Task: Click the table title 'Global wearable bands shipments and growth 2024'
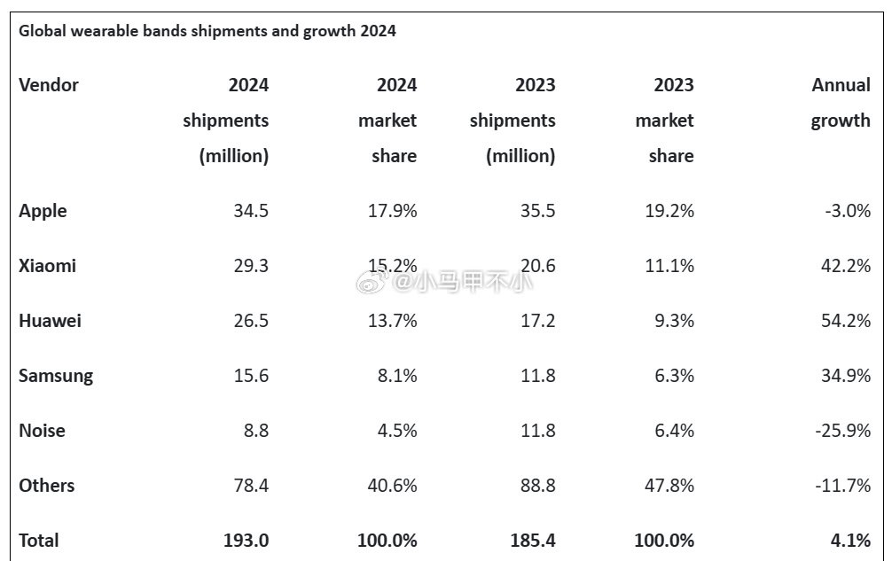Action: pyautogui.click(x=207, y=32)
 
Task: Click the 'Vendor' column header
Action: pyautogui.click(x=49, y=85)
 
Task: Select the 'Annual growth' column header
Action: pyautogui.click(x=841, y=103)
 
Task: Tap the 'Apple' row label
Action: pyautogui.click(x=43, y=211)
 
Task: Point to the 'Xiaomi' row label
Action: pyautogui.click(x=47, y=266)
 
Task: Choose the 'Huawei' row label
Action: pyautogui.click(x=50, y=321)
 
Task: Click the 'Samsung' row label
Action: pyautogui.click(x=56, y=376)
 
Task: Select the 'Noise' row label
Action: pyautogui.click(x=42, y=431)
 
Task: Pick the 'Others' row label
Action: pyautogui.click(x=46, y=486)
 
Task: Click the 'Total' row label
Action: pyautogui.click(x=39, y=541)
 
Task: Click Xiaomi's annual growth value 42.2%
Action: pyautogui.click(x=846, y=266)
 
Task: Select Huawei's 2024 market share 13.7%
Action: pyautogui.click(x=392, y=321)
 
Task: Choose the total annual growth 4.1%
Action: pyautogui.click(x=851, y=541)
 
